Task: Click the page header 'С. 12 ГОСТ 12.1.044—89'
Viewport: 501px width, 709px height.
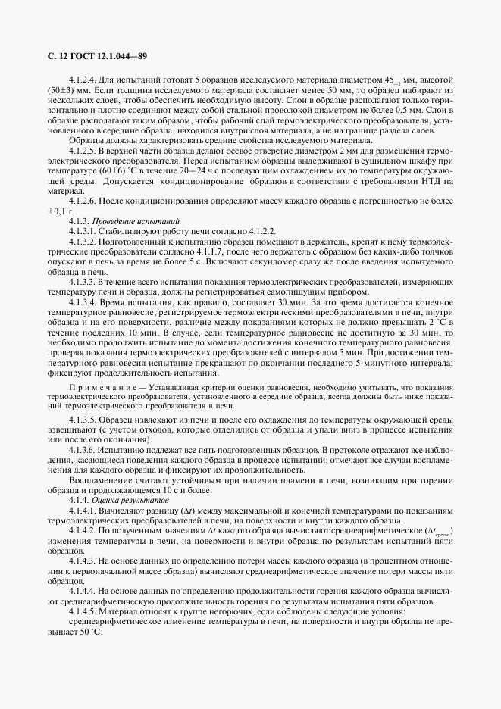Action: tap(92, 55)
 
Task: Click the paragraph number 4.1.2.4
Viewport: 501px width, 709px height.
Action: tap(83, 80)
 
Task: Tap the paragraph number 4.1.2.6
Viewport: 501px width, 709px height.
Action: tap(83, 201)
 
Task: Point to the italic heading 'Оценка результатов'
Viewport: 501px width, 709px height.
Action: tap(121, 501)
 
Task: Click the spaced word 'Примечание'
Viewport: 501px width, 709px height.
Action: tap(98, 385)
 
